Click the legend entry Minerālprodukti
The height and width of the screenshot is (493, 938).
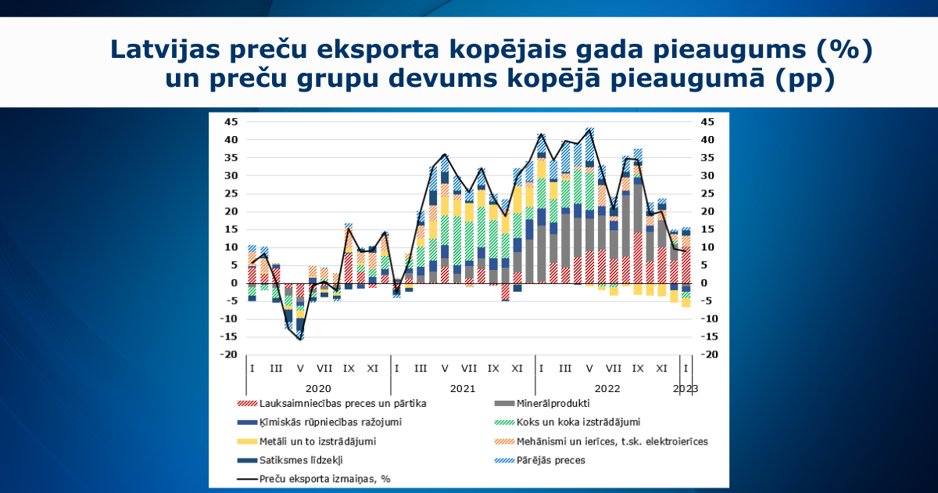(x=553, y=404)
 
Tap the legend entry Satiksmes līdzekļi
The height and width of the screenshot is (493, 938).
(x=301, y=460)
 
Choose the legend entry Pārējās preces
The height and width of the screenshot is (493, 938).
(x=550, y=460)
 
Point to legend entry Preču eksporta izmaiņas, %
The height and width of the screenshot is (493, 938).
(x=324, y=479)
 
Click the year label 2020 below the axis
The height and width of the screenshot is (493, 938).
(x=318, y=387)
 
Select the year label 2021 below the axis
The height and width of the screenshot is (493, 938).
(x=463, y=387)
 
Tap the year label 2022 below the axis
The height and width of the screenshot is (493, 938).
(x=607, y=387)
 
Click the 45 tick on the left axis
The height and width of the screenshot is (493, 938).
(x=231, y=122)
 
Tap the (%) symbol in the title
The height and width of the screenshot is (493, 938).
(x=843, y=50)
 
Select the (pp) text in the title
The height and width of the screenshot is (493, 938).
(x=804, y=80)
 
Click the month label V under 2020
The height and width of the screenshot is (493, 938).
(x=300, y=368)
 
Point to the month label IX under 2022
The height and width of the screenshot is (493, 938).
(x=638, y=368)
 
